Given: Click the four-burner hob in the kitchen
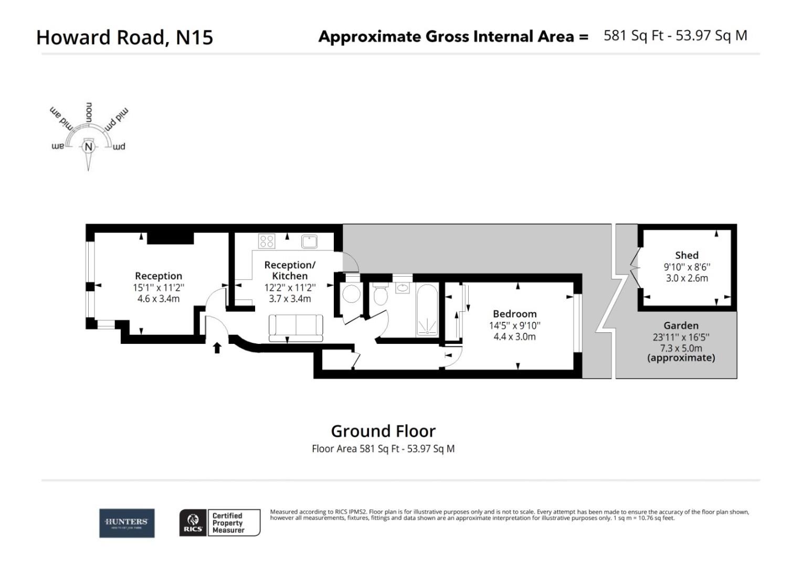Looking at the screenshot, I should click(267, 241).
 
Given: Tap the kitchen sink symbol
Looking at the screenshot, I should click(310, 241).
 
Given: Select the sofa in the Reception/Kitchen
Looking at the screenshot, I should click(296, 327).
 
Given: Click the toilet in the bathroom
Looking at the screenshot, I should click(380, 296).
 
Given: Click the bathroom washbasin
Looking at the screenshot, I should click(403, 287).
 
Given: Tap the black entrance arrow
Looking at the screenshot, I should click(217, 348).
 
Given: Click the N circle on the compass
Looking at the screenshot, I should click(88, 147).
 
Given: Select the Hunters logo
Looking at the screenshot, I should click(127, 523).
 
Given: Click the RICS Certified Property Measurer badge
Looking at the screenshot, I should click(220, 523).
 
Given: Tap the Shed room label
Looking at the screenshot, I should click(687, 255).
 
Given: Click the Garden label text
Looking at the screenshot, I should click(681, 325).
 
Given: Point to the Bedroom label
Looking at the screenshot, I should click(514, 314).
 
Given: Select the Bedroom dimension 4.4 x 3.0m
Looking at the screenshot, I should click(514, 337).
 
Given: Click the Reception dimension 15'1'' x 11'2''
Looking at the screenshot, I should click(159, 287).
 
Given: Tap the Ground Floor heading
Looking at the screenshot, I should click(383, 431).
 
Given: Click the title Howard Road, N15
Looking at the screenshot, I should click(125, 37).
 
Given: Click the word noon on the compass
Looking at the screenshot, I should click(89, 112).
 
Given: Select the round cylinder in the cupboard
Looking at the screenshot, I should click(351, 295).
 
